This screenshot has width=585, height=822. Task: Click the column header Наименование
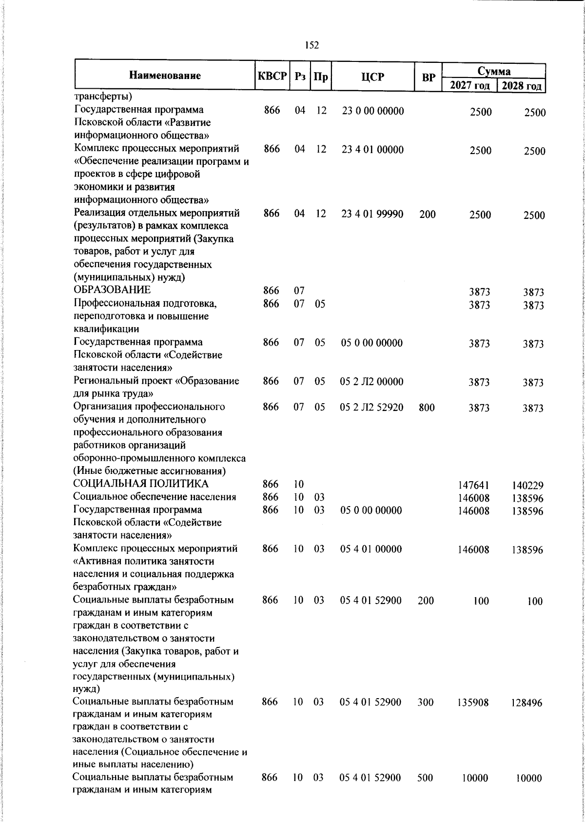(165, 76)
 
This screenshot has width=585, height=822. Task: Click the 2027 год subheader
(469, 86)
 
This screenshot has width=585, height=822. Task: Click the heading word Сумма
(494, 71)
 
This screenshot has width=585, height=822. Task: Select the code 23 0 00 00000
(373, 111)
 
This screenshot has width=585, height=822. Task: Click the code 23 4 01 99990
(372, 214)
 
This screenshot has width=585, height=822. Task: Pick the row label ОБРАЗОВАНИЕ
(112, 291)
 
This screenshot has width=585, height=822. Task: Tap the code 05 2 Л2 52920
(371, 407)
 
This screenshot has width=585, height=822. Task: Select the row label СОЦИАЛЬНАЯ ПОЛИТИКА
(140, 484)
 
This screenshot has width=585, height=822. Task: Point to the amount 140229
(527, 486)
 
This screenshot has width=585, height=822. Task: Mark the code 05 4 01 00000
(371, 549)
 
